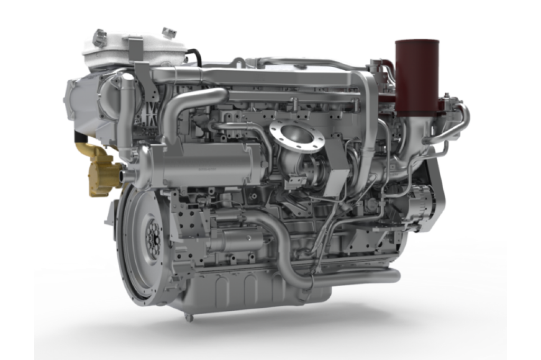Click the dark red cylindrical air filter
click(417, 77)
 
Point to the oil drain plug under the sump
click(189, 317)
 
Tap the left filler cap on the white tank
click(99, 37)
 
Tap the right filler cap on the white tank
click(169, 33)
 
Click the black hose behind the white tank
click(195, 55)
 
